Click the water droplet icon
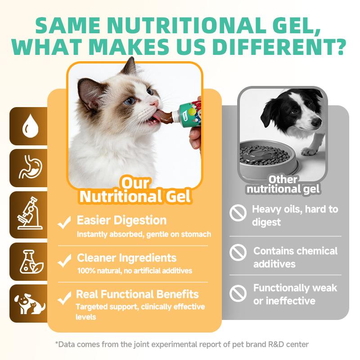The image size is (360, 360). click(28, 126)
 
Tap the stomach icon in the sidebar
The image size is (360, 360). click(28, 168)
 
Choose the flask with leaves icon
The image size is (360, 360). click(28, 261)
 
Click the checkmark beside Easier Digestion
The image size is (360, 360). click(65, 221)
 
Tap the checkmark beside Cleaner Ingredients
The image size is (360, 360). click(65, 259)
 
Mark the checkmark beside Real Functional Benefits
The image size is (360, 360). click(65, 296)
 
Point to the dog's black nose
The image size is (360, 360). click(317, 122)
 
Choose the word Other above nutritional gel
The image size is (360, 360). click(283, 180)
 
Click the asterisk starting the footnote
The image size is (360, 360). click(57, 344)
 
